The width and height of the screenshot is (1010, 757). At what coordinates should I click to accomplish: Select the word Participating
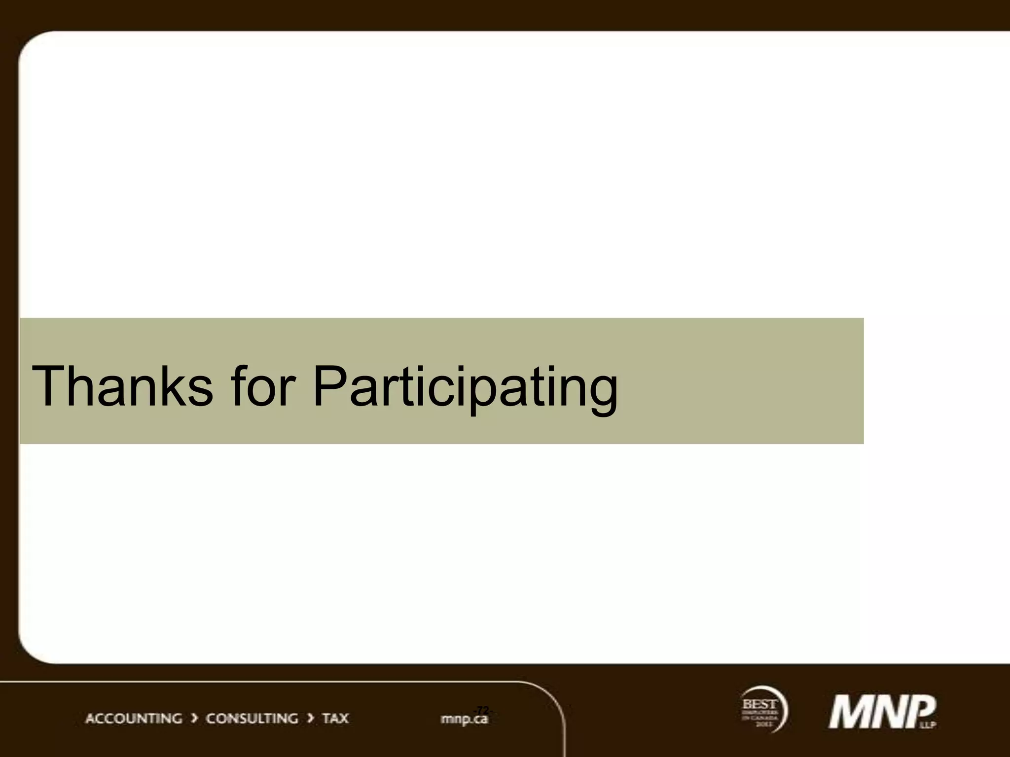tap(465, 389)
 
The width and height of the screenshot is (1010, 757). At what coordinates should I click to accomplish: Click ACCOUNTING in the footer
tap(134, 719)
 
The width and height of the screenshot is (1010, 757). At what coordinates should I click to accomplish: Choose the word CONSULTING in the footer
tap(252, 719)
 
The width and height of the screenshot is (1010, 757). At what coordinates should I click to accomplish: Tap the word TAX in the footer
tap(335, 719)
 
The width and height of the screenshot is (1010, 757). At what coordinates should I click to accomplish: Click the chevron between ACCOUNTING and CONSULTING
tap(194, 719)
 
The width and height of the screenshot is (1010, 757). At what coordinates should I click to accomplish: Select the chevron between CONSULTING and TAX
tap(310, 719)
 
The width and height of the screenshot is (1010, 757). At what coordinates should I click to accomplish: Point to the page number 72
tap(482, 710)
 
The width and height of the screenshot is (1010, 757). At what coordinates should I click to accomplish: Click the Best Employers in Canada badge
tap(762, 710)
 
